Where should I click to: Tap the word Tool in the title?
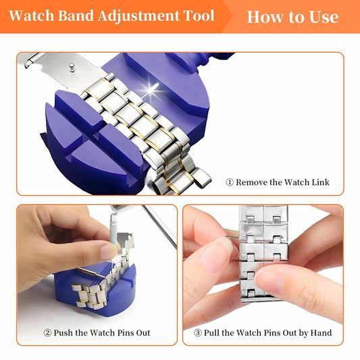pyautogui.click(x=198, y=16)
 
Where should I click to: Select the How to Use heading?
pyautogui.click(x=292, y=16)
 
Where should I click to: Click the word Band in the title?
pyautogui.click(x=71, y=16)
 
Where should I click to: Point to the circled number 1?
pyautogui.click(x=230, y=182)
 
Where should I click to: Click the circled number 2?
pyautogui.click(x=48, y=333)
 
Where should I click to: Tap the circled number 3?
pyautogui.click(x=197, y=333)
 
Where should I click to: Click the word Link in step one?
pyautogui.click(x=319, y=182)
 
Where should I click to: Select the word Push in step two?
pyautogui.click(x=66, y=333)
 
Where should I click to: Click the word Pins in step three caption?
pyautogui.click(x=266, y=333)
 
